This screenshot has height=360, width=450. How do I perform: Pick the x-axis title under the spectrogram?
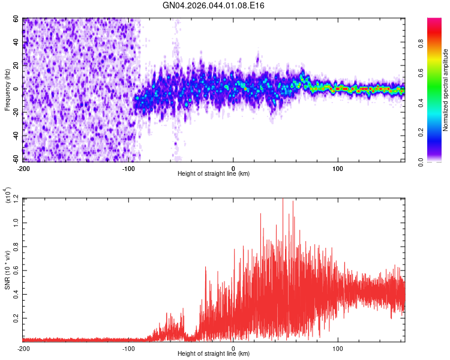214,173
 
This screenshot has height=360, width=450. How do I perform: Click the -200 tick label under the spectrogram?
23,167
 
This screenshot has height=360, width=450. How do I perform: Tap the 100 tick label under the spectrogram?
338,167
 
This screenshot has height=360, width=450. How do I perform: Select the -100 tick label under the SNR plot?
128,348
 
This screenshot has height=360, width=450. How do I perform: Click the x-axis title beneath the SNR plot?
214,355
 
